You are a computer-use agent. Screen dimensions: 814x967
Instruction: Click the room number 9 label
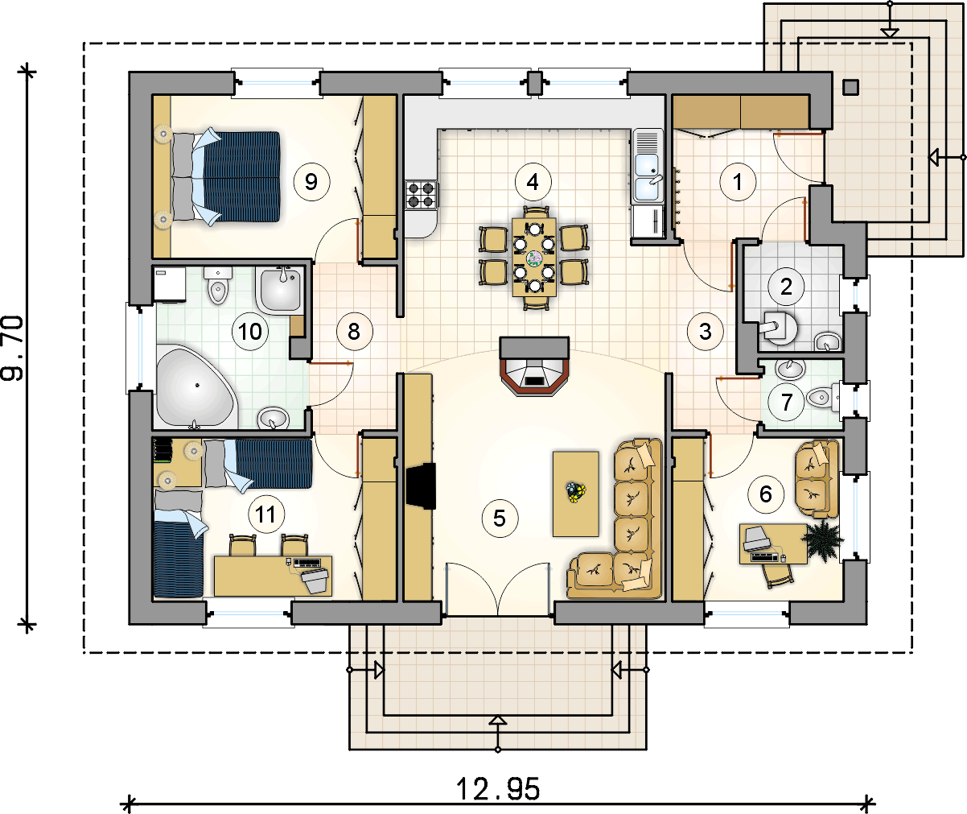click(311, 181)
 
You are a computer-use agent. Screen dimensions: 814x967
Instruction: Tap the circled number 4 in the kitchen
click(532, 181)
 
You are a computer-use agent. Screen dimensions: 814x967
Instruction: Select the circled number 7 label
click(787, 401)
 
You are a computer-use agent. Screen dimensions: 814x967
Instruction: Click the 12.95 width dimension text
click(498, 789)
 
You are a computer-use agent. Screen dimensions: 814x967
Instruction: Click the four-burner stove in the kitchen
click(421, 194)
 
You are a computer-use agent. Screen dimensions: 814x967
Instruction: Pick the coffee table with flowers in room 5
click(575, 493)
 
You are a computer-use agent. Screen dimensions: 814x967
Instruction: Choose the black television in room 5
click(421, 486)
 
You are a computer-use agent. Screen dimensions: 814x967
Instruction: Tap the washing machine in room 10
click(169, 283)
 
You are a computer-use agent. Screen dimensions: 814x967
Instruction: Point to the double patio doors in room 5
click(498, 591)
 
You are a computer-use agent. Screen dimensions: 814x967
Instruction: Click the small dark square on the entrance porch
click(850, 87)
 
